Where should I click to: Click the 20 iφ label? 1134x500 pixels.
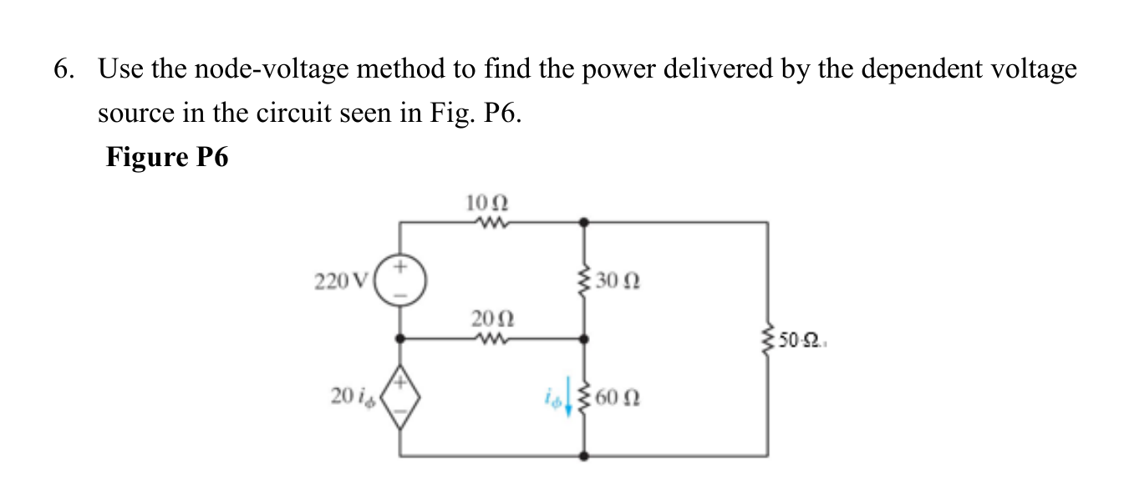point(354,398)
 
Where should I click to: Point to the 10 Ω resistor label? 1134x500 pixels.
point(488,203)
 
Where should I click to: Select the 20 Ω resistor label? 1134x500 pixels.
point(488,320)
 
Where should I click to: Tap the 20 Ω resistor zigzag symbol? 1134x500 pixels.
point(488,338)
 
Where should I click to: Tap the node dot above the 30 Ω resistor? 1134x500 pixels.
point(583,222)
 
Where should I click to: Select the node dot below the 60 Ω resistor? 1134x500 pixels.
point(583,457)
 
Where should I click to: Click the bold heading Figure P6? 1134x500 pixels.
point(167,157)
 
